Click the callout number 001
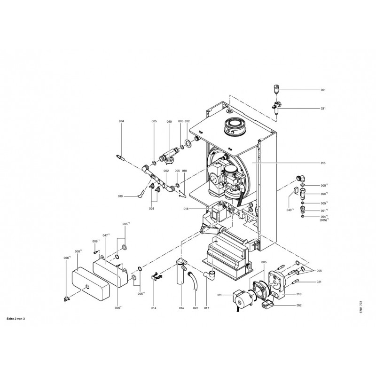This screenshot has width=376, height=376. point(323,89)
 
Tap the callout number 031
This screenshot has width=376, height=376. point(323,109)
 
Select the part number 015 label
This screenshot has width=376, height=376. point(323,163)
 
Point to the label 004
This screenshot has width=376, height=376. point(121,122)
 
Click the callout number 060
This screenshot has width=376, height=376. point(169,122)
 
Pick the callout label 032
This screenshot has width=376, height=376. point(187,122)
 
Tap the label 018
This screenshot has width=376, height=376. point(186,208)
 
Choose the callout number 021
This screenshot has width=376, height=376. point(319,282)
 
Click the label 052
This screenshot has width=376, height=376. point(298,305)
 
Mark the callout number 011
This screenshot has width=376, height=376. point(219,295)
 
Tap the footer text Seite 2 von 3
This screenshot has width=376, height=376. point(16,319)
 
